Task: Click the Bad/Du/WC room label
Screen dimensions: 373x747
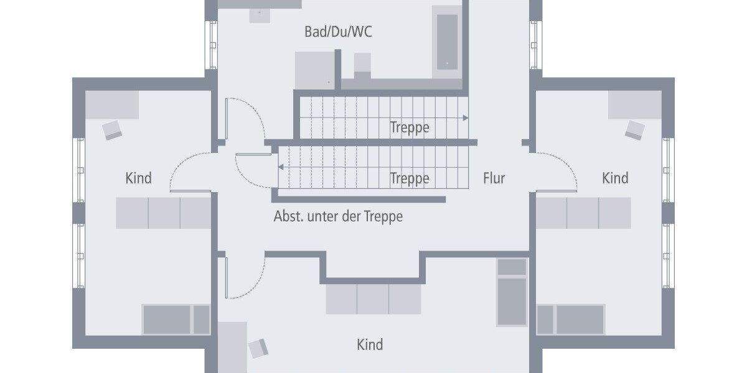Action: [338, 32]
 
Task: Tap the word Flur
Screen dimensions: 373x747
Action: [494, 178]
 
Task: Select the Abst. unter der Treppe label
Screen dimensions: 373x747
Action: [338, 216]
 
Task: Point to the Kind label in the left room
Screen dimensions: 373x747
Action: [138, 178]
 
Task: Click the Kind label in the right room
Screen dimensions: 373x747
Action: [615, 178]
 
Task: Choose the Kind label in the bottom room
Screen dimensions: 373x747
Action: [370, 344]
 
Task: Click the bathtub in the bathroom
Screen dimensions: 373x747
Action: [446, 41]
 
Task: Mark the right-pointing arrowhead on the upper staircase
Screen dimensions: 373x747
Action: [465, 117]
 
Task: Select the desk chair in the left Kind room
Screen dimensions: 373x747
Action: [113, 130]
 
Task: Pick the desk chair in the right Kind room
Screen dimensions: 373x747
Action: [635, 130]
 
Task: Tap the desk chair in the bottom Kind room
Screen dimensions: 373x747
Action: [259, 348]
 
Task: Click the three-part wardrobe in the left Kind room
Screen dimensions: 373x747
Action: [164, 213]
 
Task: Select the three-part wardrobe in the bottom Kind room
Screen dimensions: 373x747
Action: [374, 299]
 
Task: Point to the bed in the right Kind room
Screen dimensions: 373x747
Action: [571, 320]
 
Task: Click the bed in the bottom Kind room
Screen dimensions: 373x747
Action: [512, 292]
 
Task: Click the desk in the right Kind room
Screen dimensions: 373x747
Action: [634, 104]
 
